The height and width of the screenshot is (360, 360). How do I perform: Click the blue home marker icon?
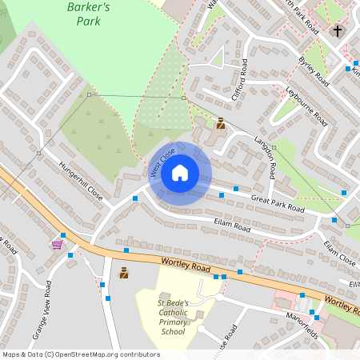[x=180, y=172]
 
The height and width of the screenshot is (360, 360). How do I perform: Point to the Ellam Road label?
[x=232, y=225]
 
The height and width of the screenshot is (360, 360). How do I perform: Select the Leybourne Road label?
[x=307, y=105]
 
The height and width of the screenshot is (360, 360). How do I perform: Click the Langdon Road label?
[x=266, y=156]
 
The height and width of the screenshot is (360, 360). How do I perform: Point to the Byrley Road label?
[x=314, y=71]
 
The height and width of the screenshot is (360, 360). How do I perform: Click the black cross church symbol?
[x=337, y=32]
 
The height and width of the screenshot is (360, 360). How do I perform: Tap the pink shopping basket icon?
[x=57, y=244]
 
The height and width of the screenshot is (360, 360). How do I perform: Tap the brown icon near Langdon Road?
[x=220, y=123]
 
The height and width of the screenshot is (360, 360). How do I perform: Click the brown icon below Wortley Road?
[x=124, y=273]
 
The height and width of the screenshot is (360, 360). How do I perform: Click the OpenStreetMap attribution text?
[x=81, y=354]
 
